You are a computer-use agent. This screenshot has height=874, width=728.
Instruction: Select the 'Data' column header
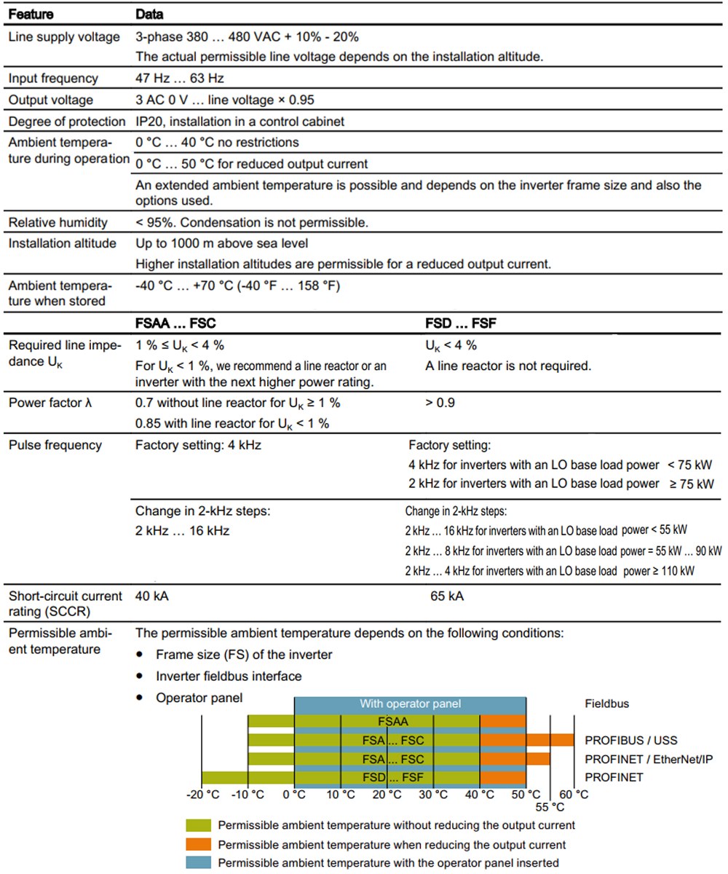(x=149, y=14)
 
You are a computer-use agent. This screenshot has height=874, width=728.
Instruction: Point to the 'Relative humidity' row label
(x=58, y=222)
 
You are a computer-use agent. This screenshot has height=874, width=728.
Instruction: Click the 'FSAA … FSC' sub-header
(x=175, y=323)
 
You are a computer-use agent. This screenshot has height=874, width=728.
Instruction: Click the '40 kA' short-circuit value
(x=151, y=597)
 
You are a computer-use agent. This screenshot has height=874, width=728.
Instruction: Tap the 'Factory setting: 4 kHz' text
(x=198, y=445)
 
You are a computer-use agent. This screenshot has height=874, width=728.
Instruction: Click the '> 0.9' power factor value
(x=440, y=403)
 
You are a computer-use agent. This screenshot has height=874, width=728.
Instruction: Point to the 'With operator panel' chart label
(x=410, y=704)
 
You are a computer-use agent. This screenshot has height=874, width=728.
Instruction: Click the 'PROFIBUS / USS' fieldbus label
(x=630, y=741)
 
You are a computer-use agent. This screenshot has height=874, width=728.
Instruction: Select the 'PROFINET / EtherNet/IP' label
(x=649, y=759)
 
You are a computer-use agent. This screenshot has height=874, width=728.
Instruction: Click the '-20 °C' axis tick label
(x=203, y=794)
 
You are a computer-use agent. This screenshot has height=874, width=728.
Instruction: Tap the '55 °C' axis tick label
(x=550, y=807)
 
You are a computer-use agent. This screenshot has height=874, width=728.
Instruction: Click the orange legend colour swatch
(x=199, y=844)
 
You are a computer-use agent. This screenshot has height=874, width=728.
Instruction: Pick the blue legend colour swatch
(x=199, y=863)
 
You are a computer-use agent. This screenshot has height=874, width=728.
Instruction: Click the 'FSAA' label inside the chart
(x=393, y=722)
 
